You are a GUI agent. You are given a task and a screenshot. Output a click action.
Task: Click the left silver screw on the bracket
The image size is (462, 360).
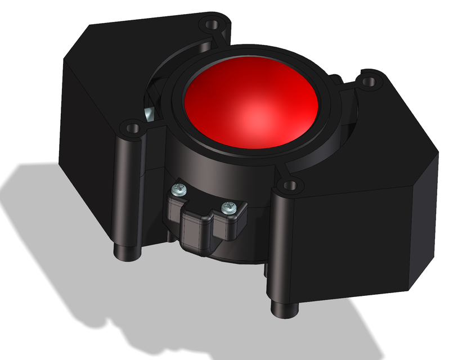180,189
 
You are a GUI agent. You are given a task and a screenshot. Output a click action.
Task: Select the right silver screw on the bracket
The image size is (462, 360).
228,208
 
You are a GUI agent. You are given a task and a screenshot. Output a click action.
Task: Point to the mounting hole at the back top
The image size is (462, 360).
212,25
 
